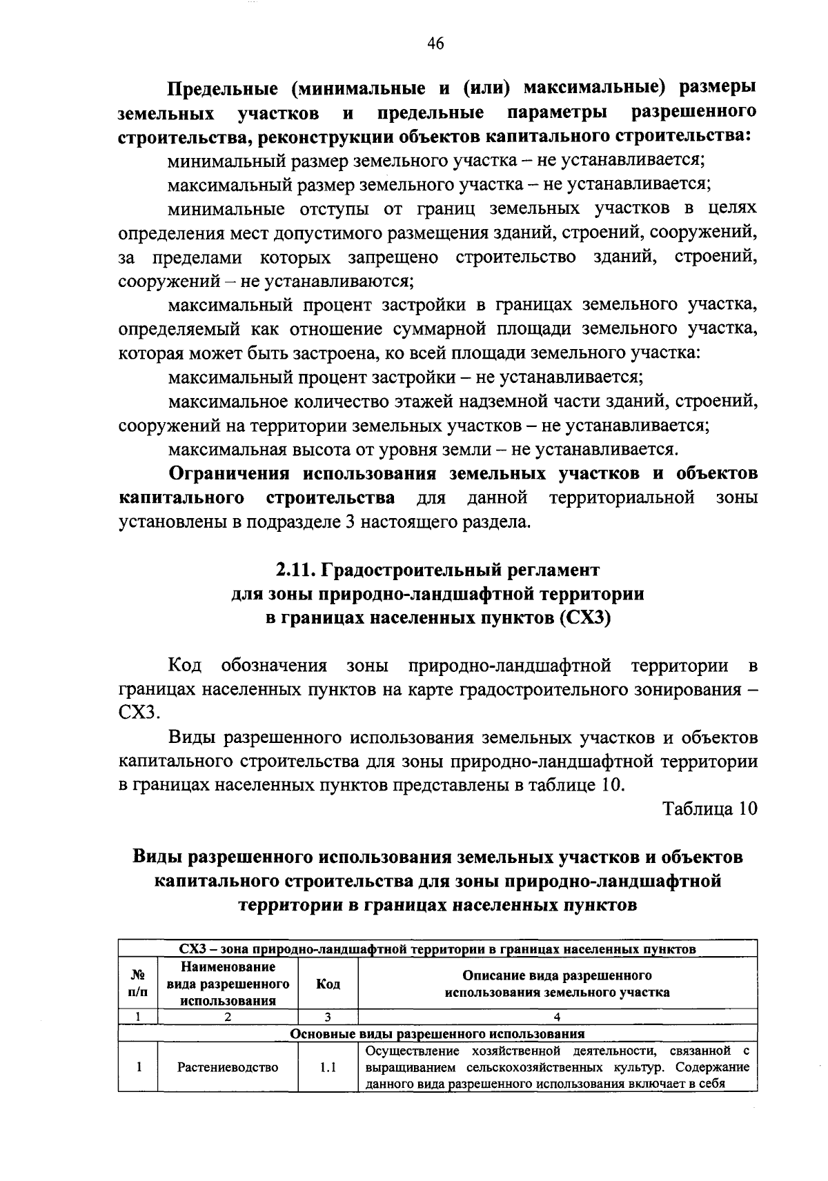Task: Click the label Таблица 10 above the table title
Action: click(x=710, y=808)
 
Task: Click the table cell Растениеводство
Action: click(x=228, y=1067)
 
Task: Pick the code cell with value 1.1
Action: click(x=328, y=1067)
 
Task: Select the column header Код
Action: click(x=328, y=984)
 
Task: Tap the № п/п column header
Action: click(x=138, y=984)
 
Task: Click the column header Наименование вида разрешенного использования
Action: click(x=228, y=984)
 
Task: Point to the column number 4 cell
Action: click(x=558, y=1016)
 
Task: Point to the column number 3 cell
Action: click(x=328, y=1016)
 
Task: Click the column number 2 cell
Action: click(x=228, y=1016)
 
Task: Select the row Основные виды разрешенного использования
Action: click(x=437, y=1033)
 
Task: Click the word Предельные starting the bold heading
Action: click(x=222, y=89)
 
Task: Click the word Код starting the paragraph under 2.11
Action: click(x=185, y=666)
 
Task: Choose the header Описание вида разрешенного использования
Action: click(x=558, y=984)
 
